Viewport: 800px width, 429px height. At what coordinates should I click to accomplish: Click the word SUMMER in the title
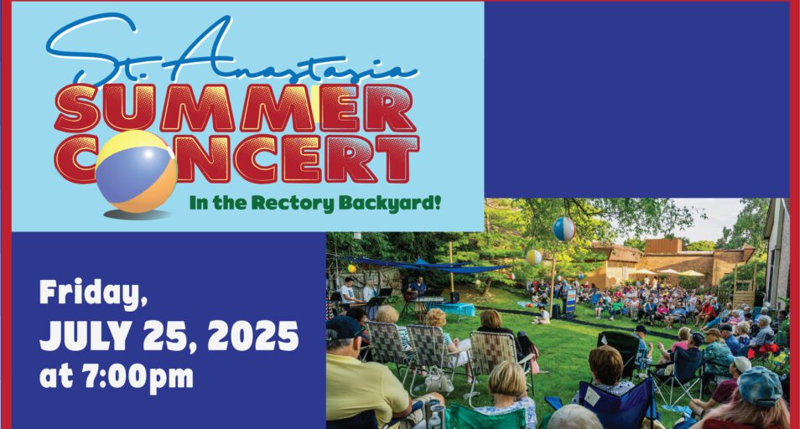235,107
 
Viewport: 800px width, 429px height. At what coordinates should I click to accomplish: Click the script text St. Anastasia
232,51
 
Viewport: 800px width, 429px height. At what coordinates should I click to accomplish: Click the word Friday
93,294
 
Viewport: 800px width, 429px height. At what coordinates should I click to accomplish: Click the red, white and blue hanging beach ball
564,229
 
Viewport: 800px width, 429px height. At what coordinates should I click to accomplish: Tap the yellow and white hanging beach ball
533,256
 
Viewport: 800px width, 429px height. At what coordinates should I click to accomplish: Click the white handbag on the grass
439,381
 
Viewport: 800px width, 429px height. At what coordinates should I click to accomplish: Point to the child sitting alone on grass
543,315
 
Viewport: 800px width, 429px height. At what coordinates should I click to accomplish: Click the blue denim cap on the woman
760,385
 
